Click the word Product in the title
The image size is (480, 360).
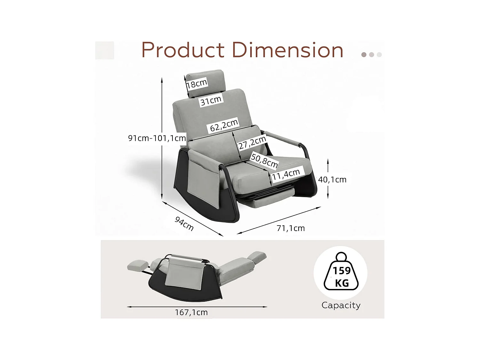183,50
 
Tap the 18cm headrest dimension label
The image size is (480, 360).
196,84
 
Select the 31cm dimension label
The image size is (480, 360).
211,100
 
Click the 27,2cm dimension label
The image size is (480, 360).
252,143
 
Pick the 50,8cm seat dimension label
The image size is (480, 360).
264,160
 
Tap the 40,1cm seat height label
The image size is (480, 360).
332,180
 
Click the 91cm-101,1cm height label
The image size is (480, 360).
157,138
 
